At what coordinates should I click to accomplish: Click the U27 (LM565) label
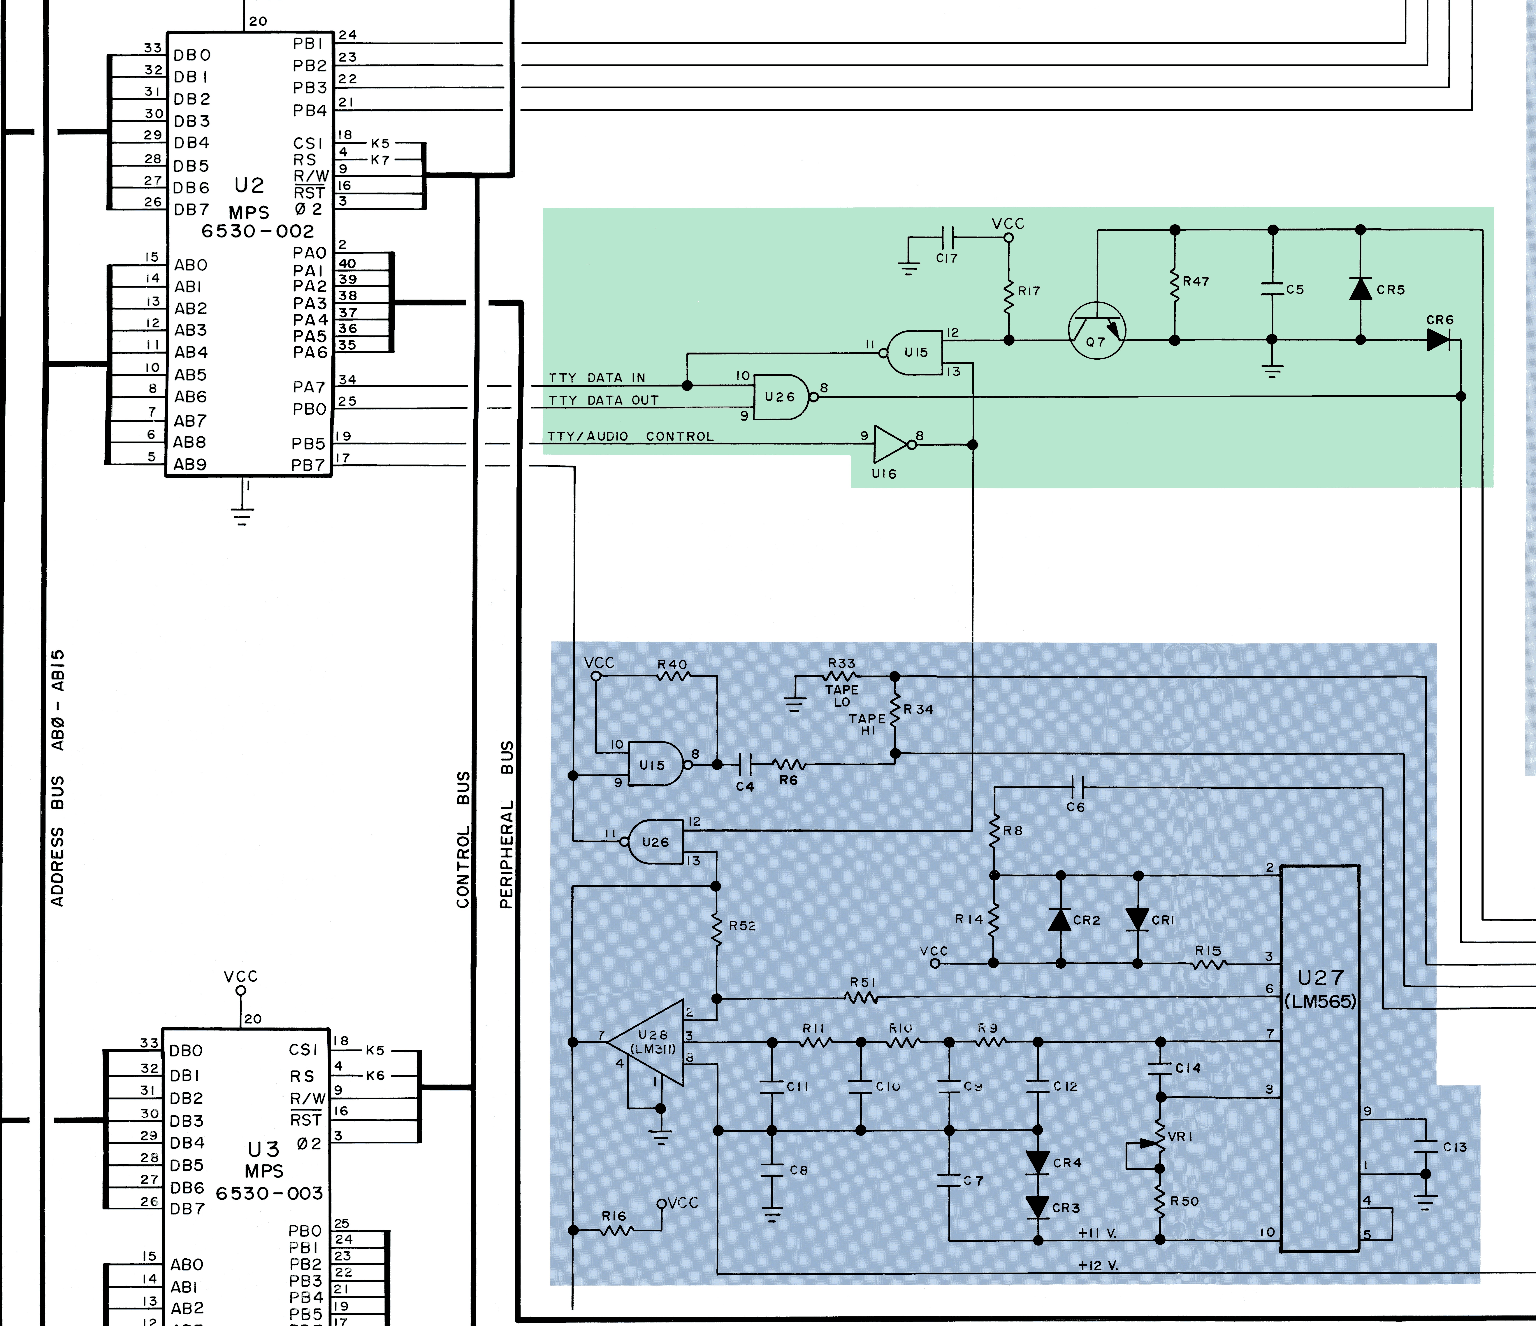(x=1320, y=989)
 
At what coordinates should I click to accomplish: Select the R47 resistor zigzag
(x=1174, y=285)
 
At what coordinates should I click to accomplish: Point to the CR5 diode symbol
(x=1360, y=288)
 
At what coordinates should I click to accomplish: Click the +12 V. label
(x=1098, y=1265)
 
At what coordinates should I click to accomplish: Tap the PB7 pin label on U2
(x=308, y=465)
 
